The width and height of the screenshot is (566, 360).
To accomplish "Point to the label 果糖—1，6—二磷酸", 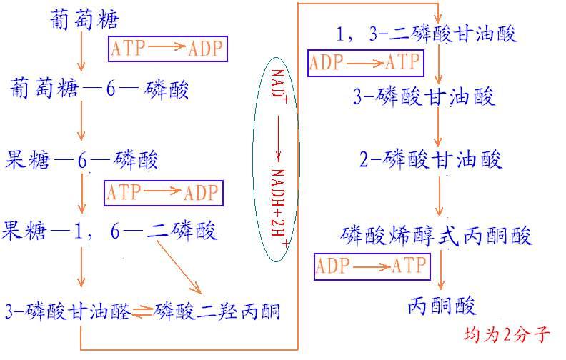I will coord(109,231).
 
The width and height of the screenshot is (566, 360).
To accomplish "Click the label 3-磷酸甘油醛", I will coord(68,311).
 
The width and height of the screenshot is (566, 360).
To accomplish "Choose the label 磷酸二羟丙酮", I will coord(217,311).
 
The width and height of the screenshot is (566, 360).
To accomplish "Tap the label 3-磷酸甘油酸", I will coord(424,96).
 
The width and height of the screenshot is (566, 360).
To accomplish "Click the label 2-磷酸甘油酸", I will coord(430,159).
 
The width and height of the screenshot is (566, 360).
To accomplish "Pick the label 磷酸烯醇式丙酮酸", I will coord(437,236).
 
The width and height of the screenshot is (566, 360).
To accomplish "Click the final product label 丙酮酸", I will coord(442,306).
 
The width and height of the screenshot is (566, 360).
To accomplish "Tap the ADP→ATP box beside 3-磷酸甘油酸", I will coord(365,63).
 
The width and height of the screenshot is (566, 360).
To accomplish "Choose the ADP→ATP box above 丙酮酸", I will coord(372,267).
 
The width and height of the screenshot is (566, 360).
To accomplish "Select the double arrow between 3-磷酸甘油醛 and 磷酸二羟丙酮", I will coord(142,311).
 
